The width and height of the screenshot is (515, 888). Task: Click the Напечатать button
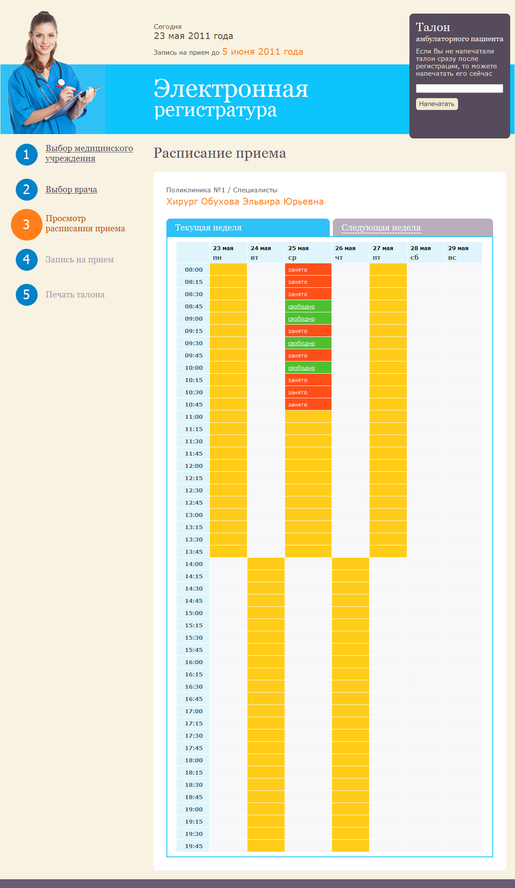pyautogui.click(x=437, y=104)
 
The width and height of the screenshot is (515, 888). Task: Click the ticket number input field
pyautogui.click(x=459, y=88)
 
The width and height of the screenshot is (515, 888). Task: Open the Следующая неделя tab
pyautogui.click(x=381, y=228)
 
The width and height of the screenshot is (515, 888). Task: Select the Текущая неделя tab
pyautogui.click(x=208, y=228)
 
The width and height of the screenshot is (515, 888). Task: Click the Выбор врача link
pyautogui.click(x=71, y=190)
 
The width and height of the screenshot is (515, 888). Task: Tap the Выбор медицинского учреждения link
pyautogui.click(x=89, y=153)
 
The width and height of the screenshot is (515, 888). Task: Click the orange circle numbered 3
pyautogui.click(x=26, y=225)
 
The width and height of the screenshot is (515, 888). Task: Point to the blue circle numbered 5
pyautogui.click(x=26, y=295)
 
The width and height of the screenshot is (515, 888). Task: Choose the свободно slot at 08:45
pyautogui.click(x=301, y=307)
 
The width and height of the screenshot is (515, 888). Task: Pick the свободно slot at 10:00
pyautogui.click(x=301, y=368)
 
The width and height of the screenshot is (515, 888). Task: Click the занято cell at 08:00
pyautogui.click(x=298, y=270)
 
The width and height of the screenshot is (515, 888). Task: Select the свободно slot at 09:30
pyautogui.click(x=301, y=343)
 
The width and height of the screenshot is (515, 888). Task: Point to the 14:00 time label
pyautogui.click(x=194, y=564)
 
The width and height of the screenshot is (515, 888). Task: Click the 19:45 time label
pyautogui.click(x=194, y=846)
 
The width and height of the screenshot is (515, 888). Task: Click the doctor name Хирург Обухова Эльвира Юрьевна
pyautogui.click(x=245, y=202)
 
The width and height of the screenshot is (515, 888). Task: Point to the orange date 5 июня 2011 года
pyautogui.click(x=262, y=52)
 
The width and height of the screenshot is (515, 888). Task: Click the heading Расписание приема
pyautogui.click(x=219, y=153)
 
